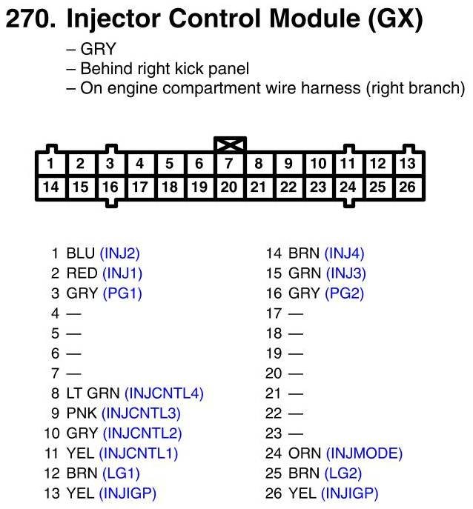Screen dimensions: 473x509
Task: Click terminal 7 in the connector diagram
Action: point(229,164)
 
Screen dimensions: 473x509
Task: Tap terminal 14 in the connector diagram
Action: point(50,187)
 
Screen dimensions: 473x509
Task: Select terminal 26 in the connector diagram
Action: point(407,187)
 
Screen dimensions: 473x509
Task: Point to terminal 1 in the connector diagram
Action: point(50,164)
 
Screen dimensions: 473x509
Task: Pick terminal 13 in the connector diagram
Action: point(407,164)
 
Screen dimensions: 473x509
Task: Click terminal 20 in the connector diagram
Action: point(229,187)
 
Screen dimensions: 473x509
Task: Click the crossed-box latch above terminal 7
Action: point(229,144)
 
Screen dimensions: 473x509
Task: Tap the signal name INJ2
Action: point(120,253)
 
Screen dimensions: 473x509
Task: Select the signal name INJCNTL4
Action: point(164,393)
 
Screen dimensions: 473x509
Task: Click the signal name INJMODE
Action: point(364,453)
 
